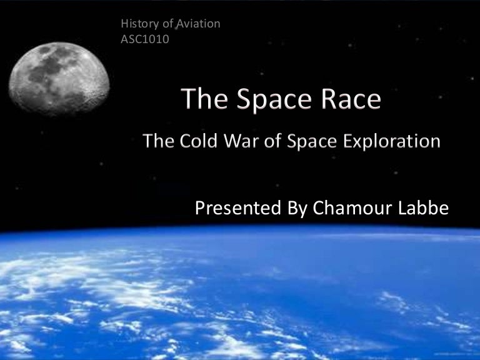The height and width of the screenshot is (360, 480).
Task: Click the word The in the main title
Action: coord(202,101)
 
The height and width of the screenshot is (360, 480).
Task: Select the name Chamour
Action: coord(349,209)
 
